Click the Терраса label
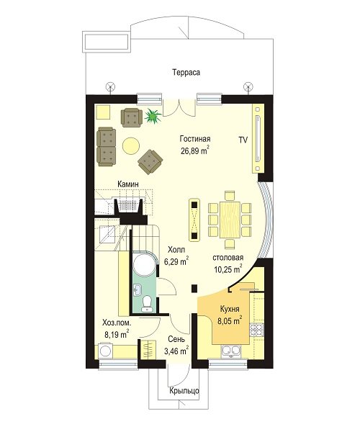pyautogui.click(x=186, y=73)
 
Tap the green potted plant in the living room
pyautogui.click(x=153, y=116)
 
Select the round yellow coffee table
pyautogui.click(x=131, y=145)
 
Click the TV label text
pyautogui.click(x=243, y=140)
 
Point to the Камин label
pyautogui.click(x=128, y=184)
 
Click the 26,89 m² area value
pyautogui.click(x=195, y=150)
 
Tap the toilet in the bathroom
pyautogui.click(x=147, y=303)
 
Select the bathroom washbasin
pyautogui.click(x=138, y=289)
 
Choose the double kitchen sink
pyautogui.click(x=231, y=351)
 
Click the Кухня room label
pyautogui.click(x=230, y=309)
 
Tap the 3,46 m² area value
pyautogui.click(x=176, y=351)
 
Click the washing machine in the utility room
pyautogui.click(x=106, y=351)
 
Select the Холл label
pyautogui.click(x=176, y=250)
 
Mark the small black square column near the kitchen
pyautogui.click(x=194, y=288)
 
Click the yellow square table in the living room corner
pyautogui.click(x=103, y=112)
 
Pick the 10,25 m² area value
pyautogui.click(x=228, y=269)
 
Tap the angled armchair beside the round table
pyautogui.click(x=150, y=162)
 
